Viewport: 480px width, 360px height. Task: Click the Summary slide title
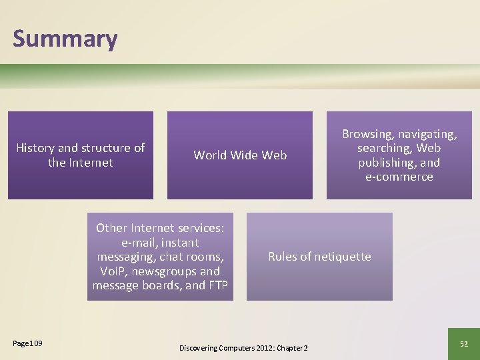65,39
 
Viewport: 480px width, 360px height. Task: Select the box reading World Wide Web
240,155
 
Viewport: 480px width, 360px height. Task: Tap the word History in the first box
37,148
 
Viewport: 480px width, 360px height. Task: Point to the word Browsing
368,134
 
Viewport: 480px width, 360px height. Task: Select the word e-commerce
399,177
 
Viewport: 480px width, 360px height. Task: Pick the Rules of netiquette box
319,257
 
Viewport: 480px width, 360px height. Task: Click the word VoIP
112,271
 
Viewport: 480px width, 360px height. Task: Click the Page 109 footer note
27,343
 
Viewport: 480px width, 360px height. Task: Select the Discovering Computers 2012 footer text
243,348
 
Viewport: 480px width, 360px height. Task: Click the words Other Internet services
160,228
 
